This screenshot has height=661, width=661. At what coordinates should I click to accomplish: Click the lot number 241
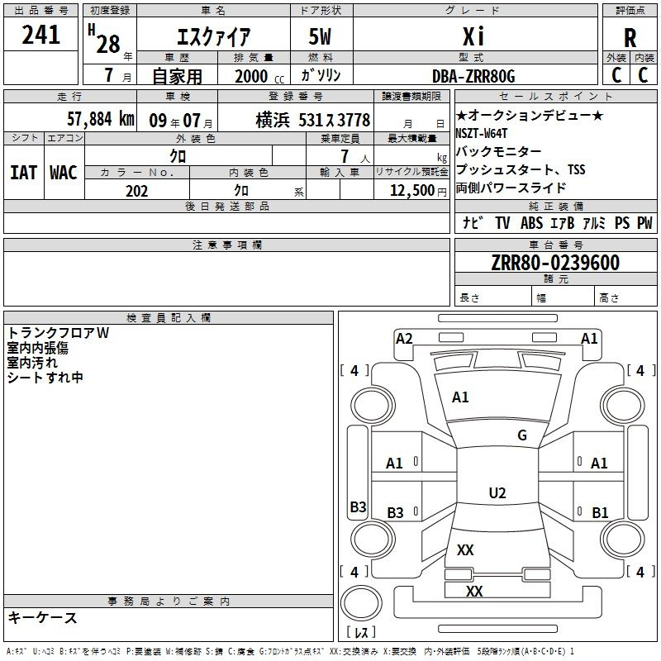coord(40,35)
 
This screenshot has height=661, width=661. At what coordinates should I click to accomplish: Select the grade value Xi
coord(473,36)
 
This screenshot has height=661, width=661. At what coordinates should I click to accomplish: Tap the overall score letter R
coord(630,38)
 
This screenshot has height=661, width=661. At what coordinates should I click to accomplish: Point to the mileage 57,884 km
coord(101,119)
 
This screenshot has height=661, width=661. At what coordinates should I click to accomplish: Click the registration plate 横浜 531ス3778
coord(313,120)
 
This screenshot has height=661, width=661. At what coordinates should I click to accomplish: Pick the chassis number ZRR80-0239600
coord(555,262)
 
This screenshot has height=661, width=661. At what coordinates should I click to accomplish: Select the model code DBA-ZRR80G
coord(473,76)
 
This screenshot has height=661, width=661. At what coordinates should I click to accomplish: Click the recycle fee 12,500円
coord(418,191)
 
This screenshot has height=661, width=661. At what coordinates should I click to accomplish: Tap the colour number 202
coord(136,191)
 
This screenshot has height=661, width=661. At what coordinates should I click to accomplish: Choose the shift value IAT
coord(23,173)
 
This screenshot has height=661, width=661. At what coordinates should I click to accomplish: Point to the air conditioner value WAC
coord(64,173)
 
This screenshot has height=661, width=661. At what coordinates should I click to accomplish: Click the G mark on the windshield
coord(522,435)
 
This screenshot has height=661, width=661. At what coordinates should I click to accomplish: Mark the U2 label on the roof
coord(497,492)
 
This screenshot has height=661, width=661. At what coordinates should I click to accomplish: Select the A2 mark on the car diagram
coord(404,339)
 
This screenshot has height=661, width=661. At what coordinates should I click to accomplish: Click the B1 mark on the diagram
coord(600,512)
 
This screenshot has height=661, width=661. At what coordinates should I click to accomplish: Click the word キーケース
coord(43,617)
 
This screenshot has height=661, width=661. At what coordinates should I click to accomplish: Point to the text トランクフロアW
coord(58,333)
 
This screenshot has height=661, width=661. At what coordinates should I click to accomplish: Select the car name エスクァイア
coord(214,36)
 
